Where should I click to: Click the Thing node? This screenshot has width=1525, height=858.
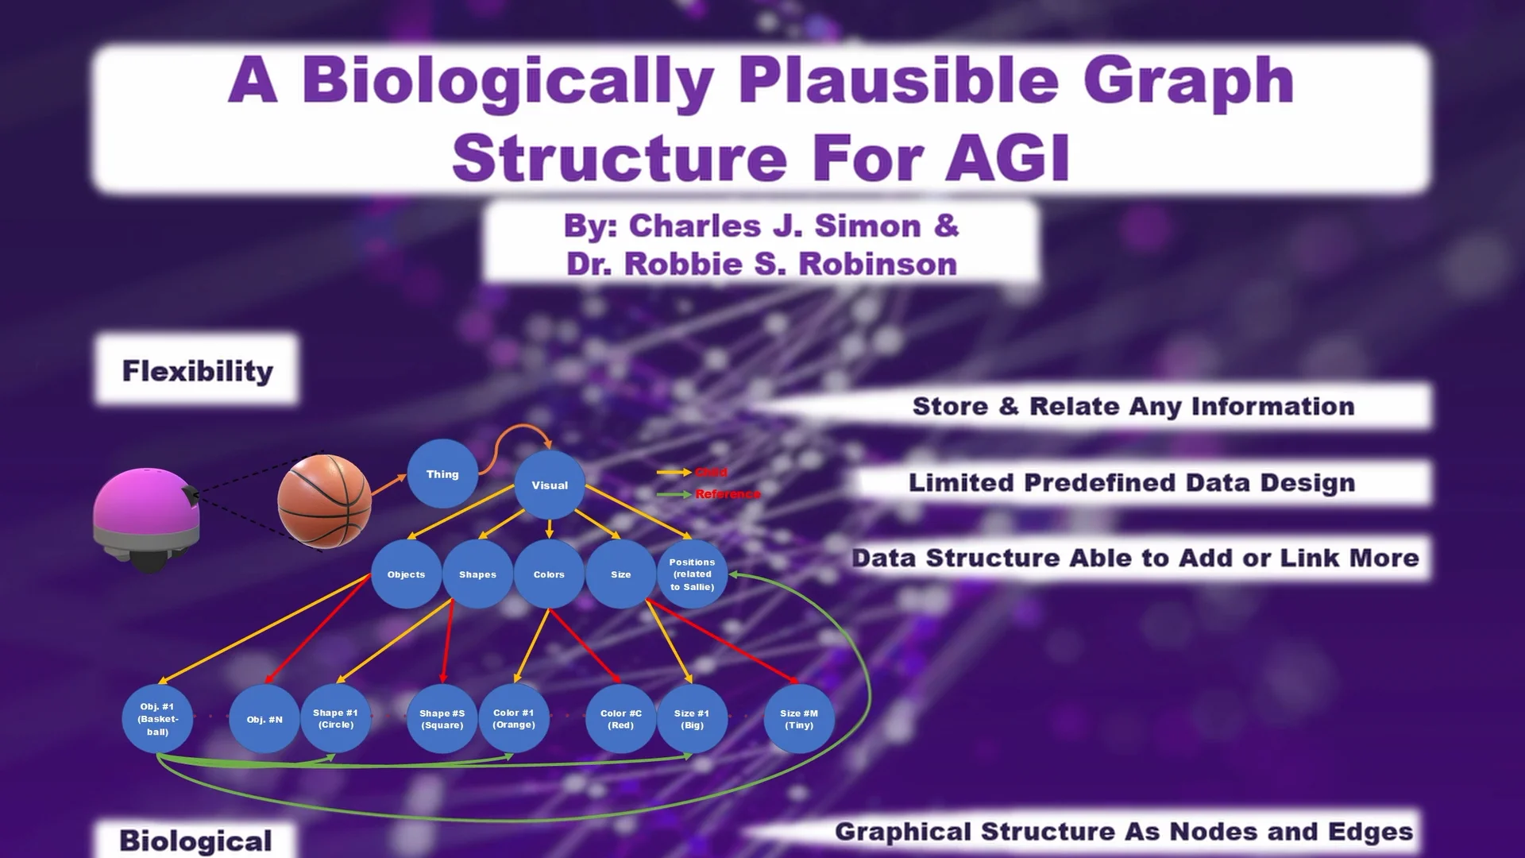(442, 474)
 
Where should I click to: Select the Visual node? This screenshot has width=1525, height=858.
(550, 485)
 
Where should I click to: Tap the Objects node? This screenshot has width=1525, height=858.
(406, 574)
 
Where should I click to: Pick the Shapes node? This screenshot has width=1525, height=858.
(477, 574)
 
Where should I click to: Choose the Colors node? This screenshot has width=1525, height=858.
(549, 574)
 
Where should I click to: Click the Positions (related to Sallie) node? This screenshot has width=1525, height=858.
(692, 574)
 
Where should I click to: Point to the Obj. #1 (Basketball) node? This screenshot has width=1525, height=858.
(157, 719)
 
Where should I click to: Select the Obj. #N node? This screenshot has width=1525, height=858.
(264, 720)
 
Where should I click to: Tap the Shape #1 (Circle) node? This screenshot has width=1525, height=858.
(335, 719)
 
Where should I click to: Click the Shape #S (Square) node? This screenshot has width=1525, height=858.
(442, 719)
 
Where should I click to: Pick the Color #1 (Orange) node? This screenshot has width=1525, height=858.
(514, 719)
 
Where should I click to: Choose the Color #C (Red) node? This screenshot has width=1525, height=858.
(620, 719)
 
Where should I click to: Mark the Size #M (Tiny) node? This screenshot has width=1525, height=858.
(799, 719)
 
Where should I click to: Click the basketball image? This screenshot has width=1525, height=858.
(324, 500)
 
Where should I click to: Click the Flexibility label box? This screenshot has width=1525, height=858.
(197, 371)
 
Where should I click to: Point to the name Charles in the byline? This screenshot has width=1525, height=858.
(694, 226)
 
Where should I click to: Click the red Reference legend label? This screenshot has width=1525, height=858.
(728, 494)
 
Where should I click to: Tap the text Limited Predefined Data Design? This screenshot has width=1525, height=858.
(1132, 483)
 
